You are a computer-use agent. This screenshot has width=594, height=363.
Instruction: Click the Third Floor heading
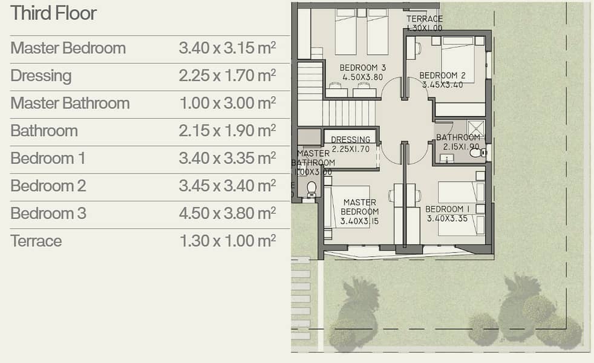click(53, 13)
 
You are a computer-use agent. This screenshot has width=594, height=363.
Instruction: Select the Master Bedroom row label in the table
click(68, 48)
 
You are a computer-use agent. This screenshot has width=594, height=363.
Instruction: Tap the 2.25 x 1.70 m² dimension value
click(227, 76)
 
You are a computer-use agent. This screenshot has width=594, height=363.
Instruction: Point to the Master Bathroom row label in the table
click(70, 103)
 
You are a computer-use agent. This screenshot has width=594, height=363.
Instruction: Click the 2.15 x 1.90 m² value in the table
click(227, 131)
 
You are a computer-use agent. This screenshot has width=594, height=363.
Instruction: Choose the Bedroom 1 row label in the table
click(48, 159)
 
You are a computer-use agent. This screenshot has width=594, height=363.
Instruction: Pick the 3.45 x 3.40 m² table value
click(227, 186)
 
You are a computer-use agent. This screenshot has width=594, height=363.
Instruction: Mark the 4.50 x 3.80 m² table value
click(227, 214)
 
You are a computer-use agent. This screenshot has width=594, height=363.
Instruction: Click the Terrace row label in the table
click(36, 241)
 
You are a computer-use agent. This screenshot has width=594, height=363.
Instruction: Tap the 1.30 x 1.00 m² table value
click(227, 241)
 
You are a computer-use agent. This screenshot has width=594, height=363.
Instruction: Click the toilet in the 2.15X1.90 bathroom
click(477, 152)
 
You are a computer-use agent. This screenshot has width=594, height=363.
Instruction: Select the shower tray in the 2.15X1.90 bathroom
click(475, 128)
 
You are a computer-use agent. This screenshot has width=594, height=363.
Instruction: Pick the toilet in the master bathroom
click(312, 190)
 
